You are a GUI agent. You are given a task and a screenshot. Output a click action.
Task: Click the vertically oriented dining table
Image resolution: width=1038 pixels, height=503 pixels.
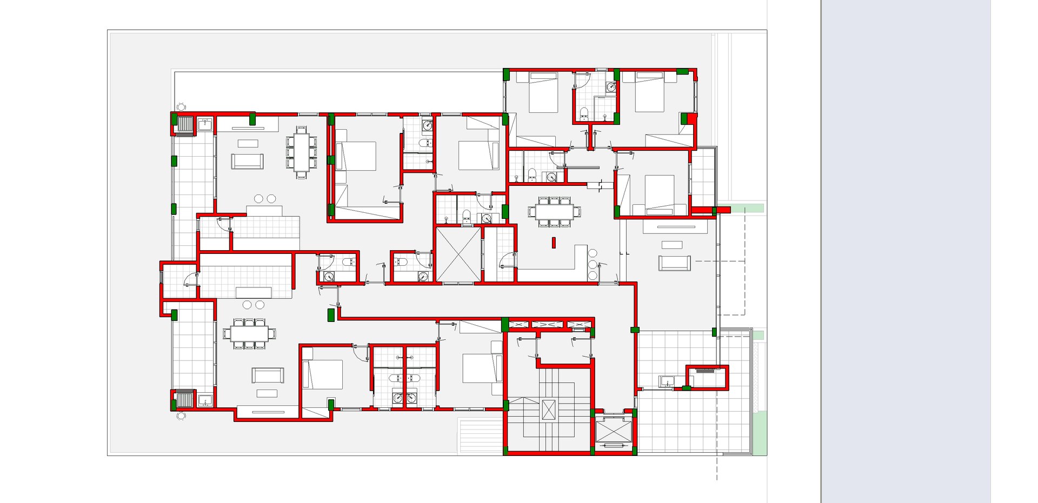302,152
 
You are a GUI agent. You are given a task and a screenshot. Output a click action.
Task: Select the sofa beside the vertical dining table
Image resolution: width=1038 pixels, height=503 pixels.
247,161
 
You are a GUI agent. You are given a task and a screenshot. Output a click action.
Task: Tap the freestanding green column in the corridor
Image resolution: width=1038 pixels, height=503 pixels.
331,315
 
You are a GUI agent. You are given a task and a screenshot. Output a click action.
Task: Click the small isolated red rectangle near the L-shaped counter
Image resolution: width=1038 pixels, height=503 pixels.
554,243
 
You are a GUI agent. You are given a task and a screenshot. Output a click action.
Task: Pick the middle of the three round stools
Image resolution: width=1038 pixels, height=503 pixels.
593,264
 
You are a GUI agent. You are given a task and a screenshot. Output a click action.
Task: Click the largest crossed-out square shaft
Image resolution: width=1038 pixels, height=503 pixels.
458,254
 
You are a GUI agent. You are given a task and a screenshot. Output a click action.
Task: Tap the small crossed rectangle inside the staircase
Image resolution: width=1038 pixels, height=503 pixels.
548,410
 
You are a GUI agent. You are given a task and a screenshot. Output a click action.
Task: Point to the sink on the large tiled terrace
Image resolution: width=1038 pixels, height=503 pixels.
667,381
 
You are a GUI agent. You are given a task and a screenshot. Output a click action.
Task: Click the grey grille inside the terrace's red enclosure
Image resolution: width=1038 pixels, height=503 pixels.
705,371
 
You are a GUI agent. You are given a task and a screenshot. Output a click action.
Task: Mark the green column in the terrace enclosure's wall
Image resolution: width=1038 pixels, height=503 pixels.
687,388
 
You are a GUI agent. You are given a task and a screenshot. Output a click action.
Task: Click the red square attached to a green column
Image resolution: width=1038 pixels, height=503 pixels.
693,118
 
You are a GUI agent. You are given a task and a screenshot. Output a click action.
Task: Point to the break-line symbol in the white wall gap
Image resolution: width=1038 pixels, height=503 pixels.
600,185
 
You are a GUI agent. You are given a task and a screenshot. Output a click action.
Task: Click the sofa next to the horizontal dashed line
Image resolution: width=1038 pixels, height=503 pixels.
674,263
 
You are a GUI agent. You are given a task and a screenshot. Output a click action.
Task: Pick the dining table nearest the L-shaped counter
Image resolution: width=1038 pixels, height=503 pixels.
555,211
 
